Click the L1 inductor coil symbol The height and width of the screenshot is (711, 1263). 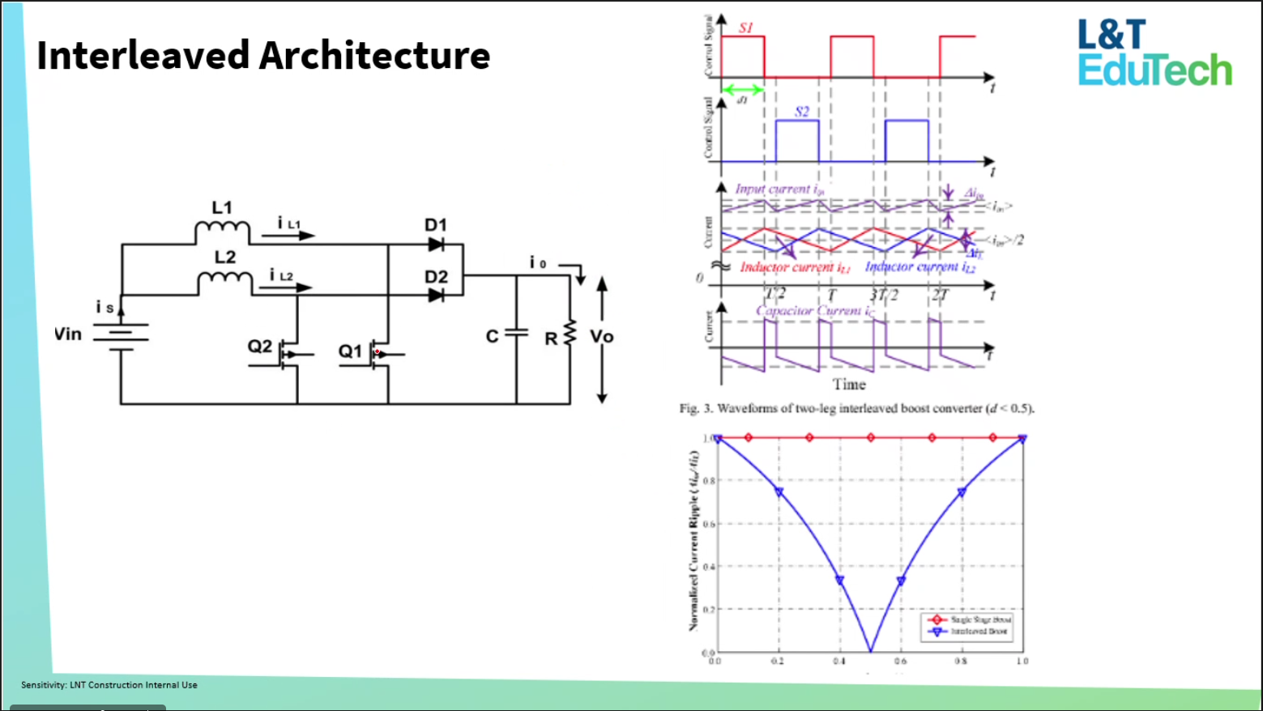(222, 232)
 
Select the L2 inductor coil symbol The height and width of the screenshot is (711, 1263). (225, 283)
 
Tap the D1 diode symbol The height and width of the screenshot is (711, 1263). (436, 244)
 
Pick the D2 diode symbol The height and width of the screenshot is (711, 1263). (436, 295)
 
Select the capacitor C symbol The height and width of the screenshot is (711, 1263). (516, 333)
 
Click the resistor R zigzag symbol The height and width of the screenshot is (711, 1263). (570, 333)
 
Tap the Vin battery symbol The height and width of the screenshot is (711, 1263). (121, 334)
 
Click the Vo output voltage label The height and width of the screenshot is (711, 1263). (601, 337)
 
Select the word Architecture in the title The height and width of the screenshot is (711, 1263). (374, 56)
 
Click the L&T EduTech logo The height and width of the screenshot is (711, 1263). (1154, 53)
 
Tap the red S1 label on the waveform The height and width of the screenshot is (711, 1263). (745, 28)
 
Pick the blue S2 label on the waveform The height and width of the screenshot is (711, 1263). (801, 112)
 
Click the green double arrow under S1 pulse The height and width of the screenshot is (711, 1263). (742, 90)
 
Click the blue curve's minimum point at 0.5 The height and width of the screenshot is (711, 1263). (871, 650)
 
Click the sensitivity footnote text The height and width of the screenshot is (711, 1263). (109, 685)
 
